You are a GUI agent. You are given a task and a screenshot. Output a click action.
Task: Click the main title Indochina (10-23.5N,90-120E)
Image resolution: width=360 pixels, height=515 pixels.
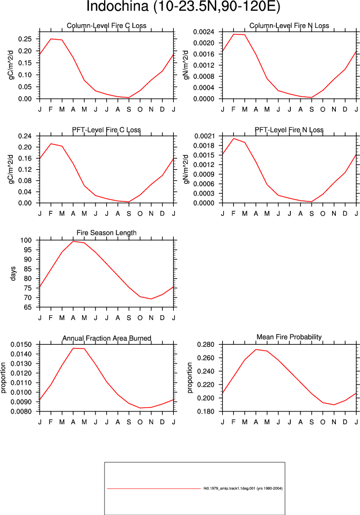click(x=183, y=6)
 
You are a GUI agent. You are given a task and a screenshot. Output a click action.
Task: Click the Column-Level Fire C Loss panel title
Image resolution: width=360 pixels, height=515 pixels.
click(x=107, y=26)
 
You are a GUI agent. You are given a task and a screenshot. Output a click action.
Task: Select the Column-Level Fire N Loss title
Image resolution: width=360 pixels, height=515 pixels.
click(x=289, y=26)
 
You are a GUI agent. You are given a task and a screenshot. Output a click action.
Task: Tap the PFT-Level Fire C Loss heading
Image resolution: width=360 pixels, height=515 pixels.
click(x=107, y=130)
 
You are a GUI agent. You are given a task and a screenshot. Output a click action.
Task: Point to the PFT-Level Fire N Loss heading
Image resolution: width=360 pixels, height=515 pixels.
click(x=289, y=130)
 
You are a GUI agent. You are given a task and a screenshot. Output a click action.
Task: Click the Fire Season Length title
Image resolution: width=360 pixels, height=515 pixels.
click(x=107, y=233)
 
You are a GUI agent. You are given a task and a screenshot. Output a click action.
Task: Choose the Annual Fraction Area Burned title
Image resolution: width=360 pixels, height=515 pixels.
click(x=107, y=338)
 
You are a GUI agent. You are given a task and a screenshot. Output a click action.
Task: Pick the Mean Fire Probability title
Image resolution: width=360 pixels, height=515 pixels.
click(x=289, y=337)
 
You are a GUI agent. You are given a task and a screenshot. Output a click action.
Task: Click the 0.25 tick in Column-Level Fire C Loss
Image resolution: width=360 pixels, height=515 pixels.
click(x=25, y=39)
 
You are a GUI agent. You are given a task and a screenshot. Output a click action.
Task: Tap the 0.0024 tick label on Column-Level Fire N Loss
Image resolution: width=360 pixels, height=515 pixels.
click(x=204, y=32)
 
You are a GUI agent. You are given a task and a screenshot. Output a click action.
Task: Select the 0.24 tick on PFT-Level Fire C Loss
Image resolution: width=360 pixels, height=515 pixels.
click(x=25, y=136)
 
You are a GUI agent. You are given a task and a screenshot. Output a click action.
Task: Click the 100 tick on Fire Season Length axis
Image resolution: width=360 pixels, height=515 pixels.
click(x=27, y=241)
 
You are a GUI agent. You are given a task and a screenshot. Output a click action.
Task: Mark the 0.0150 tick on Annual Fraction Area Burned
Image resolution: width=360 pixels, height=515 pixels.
click(x=21, y=345)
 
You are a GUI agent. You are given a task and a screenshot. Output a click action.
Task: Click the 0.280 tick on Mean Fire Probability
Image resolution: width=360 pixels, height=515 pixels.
click(x=206, y=345)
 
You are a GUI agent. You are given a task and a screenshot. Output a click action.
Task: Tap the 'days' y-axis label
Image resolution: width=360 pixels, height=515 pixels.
click(x=13, y=273)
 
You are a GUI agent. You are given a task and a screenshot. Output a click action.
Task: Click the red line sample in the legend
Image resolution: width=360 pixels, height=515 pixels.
click(x=153, y=488)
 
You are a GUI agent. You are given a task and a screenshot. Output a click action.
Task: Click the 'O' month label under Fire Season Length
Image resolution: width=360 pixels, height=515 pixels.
click(x=140, y=318)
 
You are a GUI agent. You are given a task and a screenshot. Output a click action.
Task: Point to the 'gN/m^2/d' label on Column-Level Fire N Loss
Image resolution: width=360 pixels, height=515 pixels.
click(x=187, y=64)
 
